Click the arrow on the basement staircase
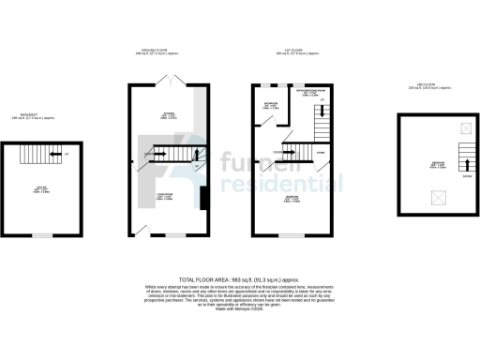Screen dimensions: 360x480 coord(57,155)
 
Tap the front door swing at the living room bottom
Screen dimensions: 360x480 coord(143,230)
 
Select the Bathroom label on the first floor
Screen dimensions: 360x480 coord(269,106)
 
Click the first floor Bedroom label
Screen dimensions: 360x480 coord(292,200)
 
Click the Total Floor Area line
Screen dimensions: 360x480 coord(239,280)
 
